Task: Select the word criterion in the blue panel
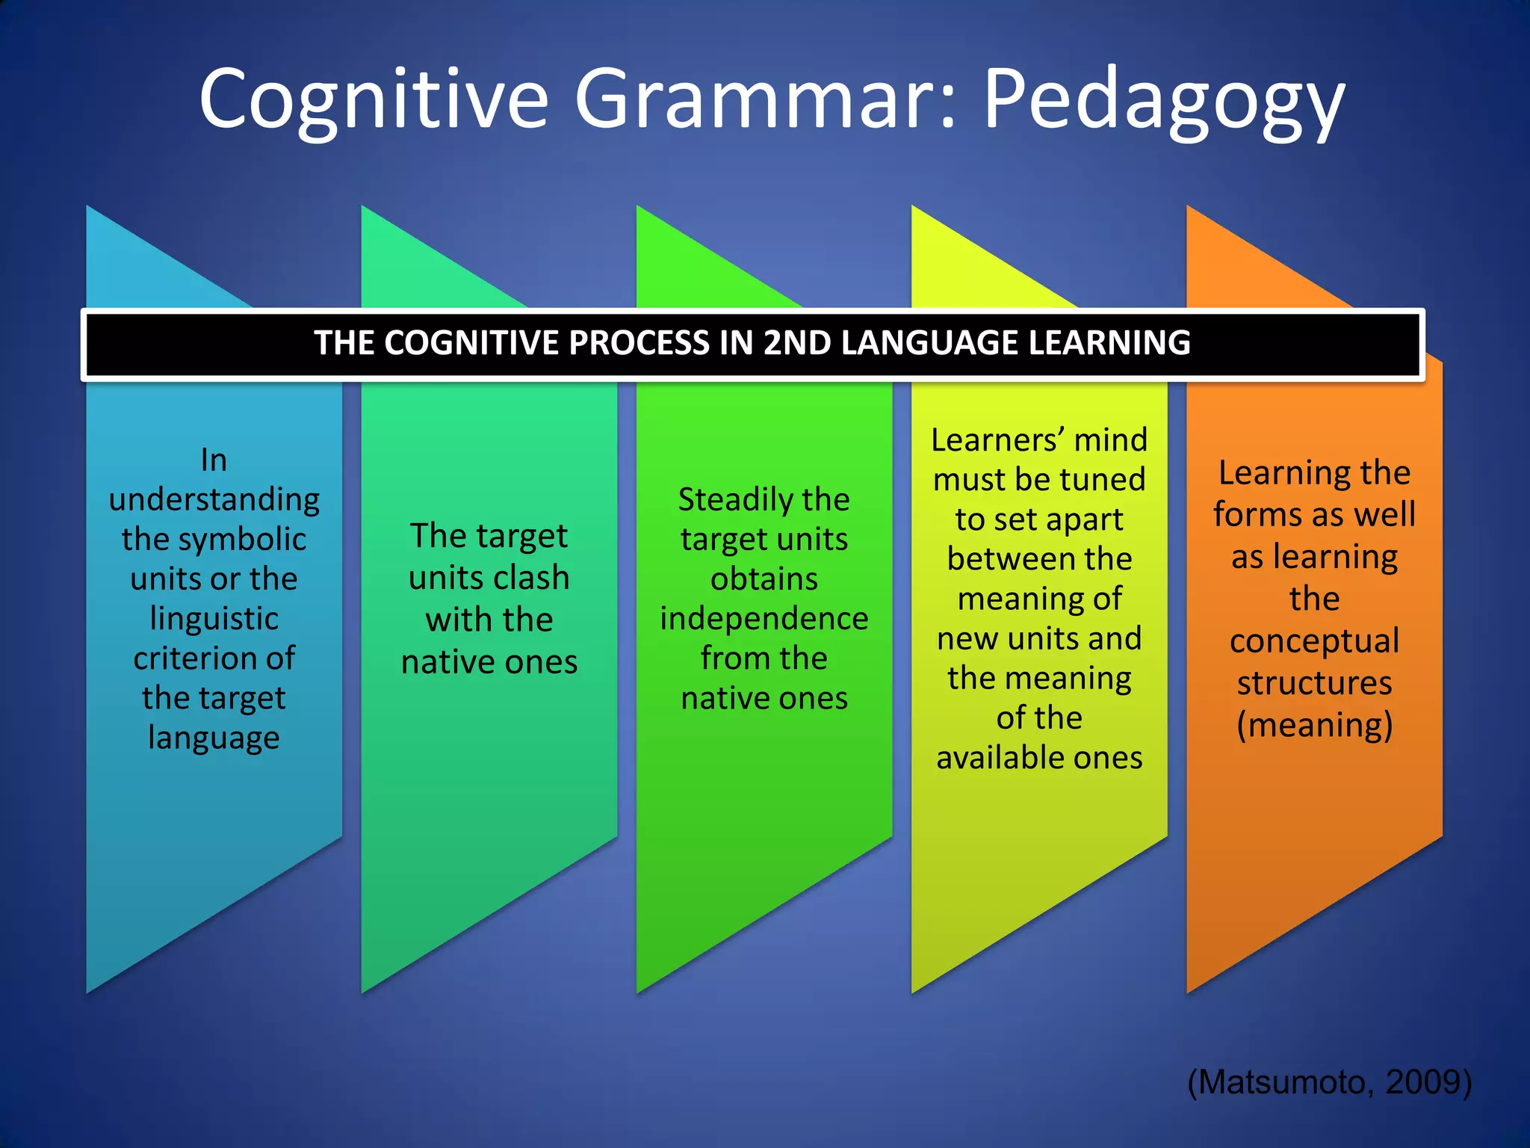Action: click(195, 658)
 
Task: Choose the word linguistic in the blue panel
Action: click(214, 619)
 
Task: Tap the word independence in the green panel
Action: click(764, 619)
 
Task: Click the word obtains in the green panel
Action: click(764, 579)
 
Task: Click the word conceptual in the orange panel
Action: click(1314, 641)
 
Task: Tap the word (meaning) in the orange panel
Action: click(1314, 725)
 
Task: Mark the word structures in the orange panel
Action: click(1314, 683)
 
